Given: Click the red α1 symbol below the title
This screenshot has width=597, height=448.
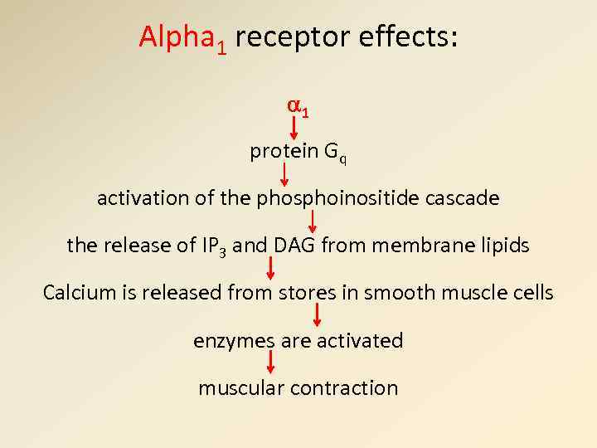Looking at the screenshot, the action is [x=298, y=107].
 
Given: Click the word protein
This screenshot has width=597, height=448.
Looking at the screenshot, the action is [x=284, y=151].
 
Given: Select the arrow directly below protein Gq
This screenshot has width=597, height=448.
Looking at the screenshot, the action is [x=284, y=174].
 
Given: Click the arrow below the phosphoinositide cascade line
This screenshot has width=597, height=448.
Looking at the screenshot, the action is [x=313, y=221].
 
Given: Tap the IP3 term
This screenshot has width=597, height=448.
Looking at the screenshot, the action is [x=211, y=246].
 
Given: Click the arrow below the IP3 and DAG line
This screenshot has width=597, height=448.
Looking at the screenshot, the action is [x=270, y=268].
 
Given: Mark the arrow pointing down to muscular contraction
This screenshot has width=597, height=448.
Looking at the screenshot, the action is [x=270, y=363].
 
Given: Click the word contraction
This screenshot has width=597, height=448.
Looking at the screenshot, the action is [x=351, y=387].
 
